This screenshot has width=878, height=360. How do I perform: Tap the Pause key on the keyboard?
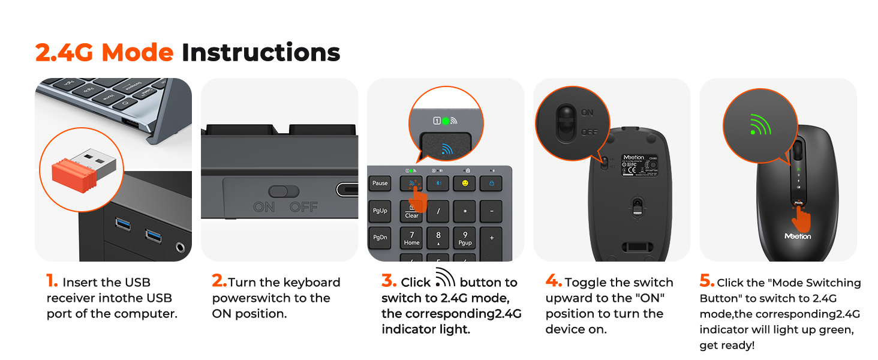click(380, 183)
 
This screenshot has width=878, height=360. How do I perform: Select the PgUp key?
click(380, 211)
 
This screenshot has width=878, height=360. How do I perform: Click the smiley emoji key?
click(465, 183)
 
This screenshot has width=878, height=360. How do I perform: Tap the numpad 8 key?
click(438, 237)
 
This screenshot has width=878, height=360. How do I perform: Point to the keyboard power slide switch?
click(283, 191)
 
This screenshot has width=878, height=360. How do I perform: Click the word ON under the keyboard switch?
click(264, 207)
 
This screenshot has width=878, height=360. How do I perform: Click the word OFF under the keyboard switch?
click(303, 207)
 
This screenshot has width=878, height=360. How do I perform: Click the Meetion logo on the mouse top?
click(798, 236)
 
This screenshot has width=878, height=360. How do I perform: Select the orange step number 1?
click(52, 281)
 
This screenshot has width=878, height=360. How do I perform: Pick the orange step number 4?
click(553, 281)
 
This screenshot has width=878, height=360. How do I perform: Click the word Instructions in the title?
click(261, 53)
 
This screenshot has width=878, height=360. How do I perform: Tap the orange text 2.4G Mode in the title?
click(104, 53)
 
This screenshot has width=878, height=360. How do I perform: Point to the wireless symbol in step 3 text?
click(445, 278)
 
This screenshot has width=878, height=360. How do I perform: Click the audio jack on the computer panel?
click(180, 247)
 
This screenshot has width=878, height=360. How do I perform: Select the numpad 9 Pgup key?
click(465, 238)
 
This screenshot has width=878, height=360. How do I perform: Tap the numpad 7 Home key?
click(412, 238)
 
